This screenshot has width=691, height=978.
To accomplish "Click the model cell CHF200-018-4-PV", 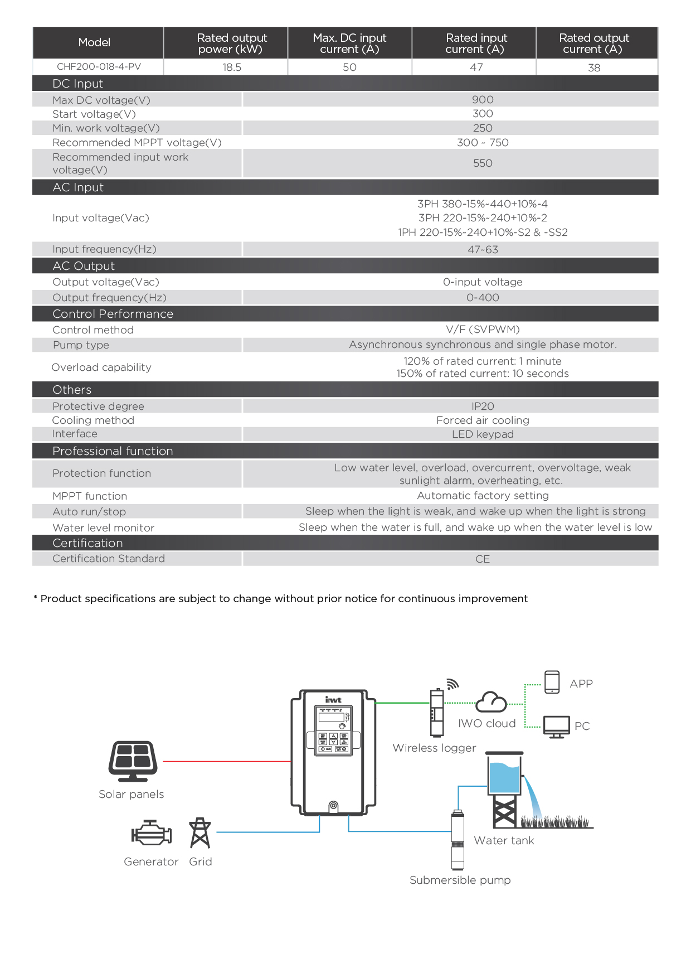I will [99, 67].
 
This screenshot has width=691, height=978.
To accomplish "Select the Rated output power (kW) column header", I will [232, 43].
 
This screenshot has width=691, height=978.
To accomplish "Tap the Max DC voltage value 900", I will [483, 100].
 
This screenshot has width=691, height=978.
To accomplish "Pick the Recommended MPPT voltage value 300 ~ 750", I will [483, 143].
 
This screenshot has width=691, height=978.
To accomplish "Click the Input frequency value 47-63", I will [483, 250].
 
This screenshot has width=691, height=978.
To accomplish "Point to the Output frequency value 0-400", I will [483, 298].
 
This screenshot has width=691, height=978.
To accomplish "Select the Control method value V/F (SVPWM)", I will [483, 330].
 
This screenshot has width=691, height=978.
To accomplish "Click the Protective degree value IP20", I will [483, 406].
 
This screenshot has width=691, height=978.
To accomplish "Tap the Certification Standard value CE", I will [483, 559].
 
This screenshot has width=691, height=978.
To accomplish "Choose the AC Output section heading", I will [84, 266].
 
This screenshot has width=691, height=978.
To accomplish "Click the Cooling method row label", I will [93, 420].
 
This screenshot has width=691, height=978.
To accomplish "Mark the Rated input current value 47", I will [476, 67].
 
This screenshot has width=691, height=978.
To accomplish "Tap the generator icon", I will [151, 834].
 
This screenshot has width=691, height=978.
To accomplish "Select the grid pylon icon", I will [200, 833].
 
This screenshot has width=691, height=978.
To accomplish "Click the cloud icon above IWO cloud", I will [491, 702].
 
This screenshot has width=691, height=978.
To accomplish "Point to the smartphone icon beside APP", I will [552, 682].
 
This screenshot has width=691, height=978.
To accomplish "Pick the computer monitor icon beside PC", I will [556, 727].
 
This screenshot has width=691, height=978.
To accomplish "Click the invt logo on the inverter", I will [333, 700].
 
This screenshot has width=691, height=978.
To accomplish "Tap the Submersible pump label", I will [460, 880].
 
